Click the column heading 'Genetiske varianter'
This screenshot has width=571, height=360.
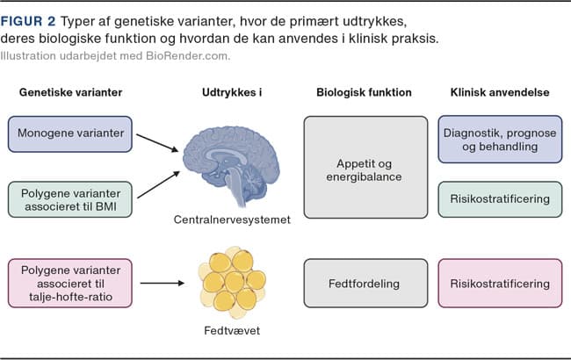tap(70, 92)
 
